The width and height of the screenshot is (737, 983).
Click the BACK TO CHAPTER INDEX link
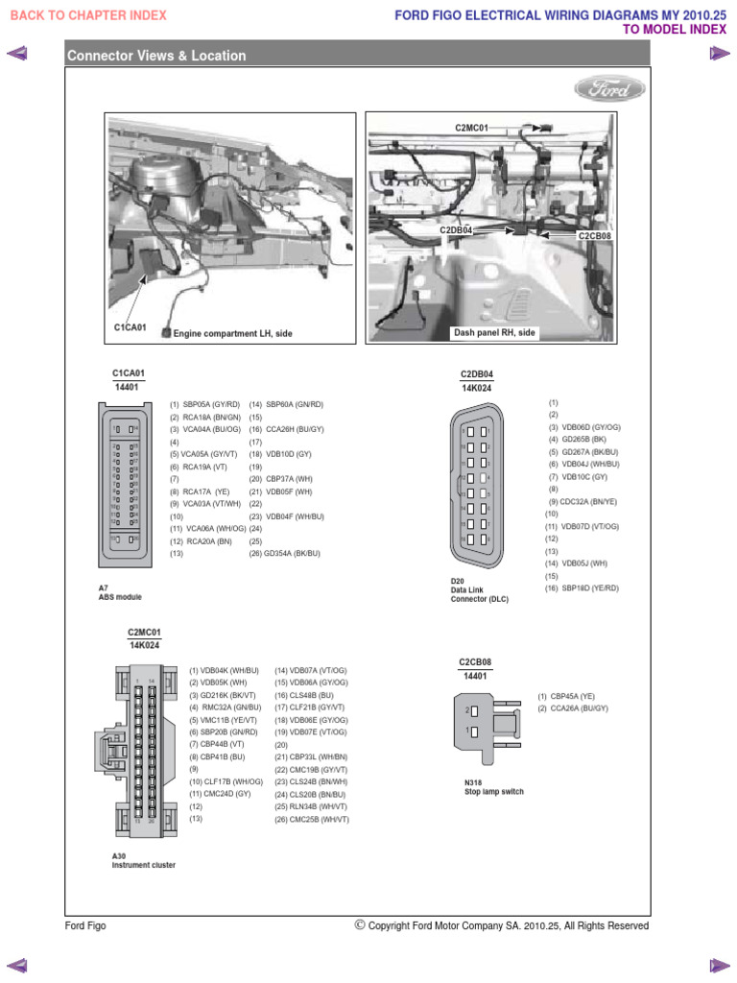click(87, 15)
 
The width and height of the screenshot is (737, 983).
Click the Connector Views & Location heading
click(156, 56)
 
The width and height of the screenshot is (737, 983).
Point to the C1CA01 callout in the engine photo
click(130, 327)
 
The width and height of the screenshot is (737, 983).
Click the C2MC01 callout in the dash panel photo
click(471, 127)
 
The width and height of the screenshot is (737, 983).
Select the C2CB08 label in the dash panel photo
click(594, 234)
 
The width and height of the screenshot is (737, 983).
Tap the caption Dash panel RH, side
click(495, 332)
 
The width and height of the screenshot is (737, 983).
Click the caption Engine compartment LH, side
click(232, 333)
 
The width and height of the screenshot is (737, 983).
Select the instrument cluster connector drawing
click(139, 751)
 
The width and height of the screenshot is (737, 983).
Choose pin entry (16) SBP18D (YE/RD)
click(583, 588)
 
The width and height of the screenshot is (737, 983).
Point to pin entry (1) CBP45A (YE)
click(566, 696)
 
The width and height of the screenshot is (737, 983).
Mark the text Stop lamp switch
click(493, 792)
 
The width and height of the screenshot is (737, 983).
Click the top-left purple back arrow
click(16, 55)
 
